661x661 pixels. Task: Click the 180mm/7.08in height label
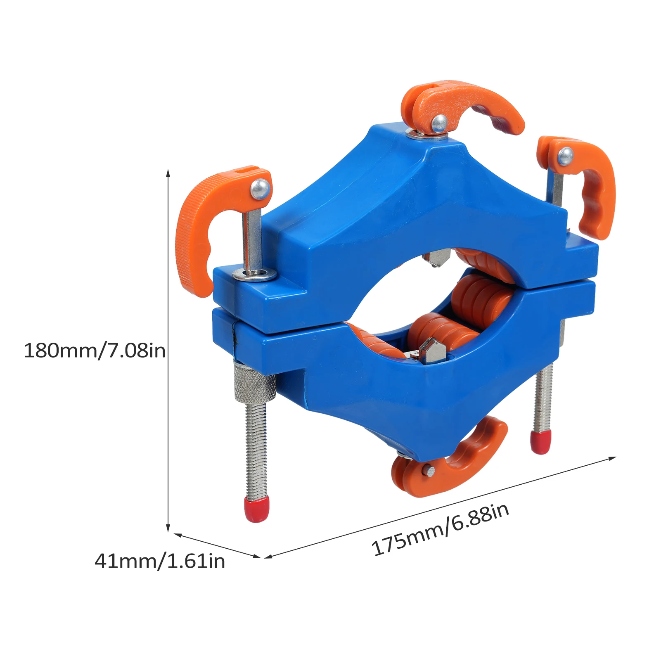(95, 351)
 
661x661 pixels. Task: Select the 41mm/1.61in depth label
(159, 561)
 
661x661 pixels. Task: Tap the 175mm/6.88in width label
(440, 530)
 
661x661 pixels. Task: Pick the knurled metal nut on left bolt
(255, 382)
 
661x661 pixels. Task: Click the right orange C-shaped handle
(595, 186)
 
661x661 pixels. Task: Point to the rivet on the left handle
(260, 188)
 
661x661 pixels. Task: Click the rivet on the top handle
(439, 123)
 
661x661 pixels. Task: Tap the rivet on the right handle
(565, 156)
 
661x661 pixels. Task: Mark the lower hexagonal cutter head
(433, 351)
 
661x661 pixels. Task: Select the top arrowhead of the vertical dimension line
(168, 173)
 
